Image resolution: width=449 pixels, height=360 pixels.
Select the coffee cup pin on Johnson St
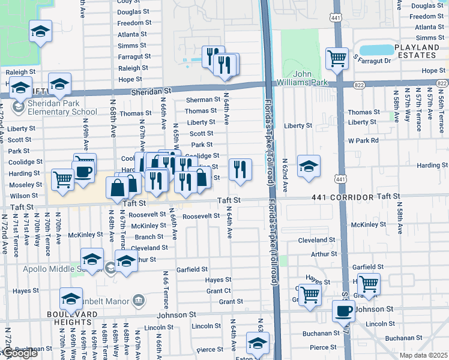(x=344, y=311)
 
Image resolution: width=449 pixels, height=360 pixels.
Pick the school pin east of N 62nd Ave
(x=309, y=166)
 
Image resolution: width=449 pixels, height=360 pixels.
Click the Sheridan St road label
(x=151, y=91)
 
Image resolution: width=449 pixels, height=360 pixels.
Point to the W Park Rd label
(x=363, y=140)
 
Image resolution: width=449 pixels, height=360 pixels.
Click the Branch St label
(x=149, y=236)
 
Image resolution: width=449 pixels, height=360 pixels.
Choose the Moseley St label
(x=26, y=184)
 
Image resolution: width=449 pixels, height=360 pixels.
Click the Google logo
(x=19, y=353)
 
